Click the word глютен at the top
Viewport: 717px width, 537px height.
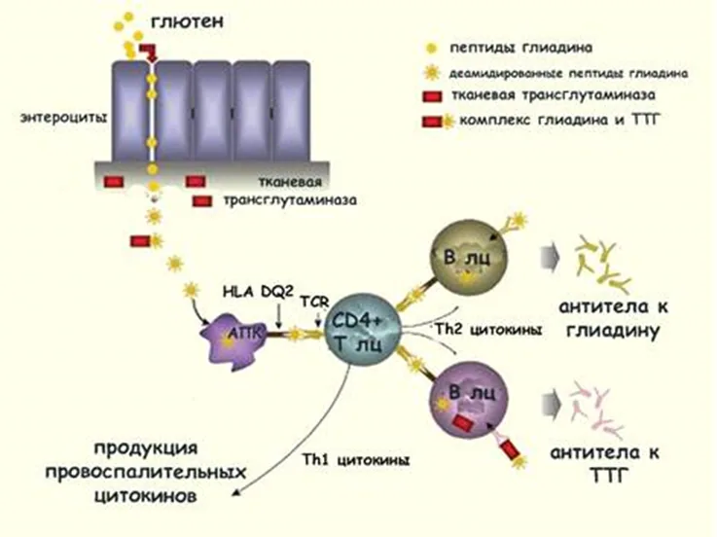point(188,21)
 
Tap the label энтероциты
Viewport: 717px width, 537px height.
point(63,119)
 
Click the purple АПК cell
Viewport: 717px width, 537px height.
point(233,338)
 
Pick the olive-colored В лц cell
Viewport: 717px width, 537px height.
point(469,257)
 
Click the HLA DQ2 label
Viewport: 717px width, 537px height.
point(258,291)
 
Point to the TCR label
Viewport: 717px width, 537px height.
point(314,302)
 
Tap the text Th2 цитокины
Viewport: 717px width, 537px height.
point(488,330)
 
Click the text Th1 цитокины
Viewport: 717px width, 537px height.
point(356,460)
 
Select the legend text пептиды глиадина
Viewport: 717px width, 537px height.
point(521,48)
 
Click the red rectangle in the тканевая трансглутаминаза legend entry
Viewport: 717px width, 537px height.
point(432,96)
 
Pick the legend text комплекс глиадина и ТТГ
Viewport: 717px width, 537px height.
point(560,121)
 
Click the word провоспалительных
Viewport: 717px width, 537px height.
point(146,471)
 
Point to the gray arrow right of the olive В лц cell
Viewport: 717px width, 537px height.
point(550,258)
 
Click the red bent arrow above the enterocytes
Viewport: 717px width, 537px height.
point(149,53)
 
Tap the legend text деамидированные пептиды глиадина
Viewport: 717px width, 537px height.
point(568,73)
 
